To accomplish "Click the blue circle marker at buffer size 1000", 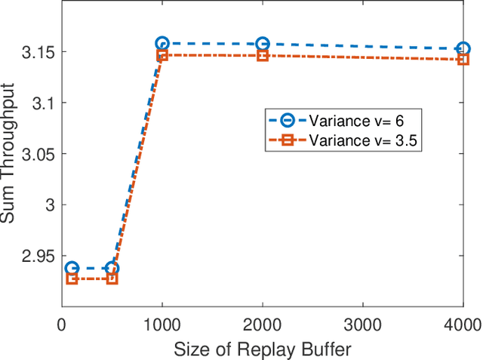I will (x=162, y=44).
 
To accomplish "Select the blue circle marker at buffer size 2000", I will (x=262, y=44).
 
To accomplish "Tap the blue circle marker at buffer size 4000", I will (x=463, y=48).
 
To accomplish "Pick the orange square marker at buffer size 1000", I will (x=162, y=55).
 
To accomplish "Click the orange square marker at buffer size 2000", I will (x=262, y=55).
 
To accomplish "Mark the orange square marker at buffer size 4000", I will (x=463, y=59).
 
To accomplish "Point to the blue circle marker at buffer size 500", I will (x=112, y=268).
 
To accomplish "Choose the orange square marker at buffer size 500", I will (x=112, y=278).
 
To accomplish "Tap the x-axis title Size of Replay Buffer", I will (x=262, y=349).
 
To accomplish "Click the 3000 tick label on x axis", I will (x=362, y=325).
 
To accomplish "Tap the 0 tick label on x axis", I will (x=62, y=325).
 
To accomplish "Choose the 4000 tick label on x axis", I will (x=463, y=325).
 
